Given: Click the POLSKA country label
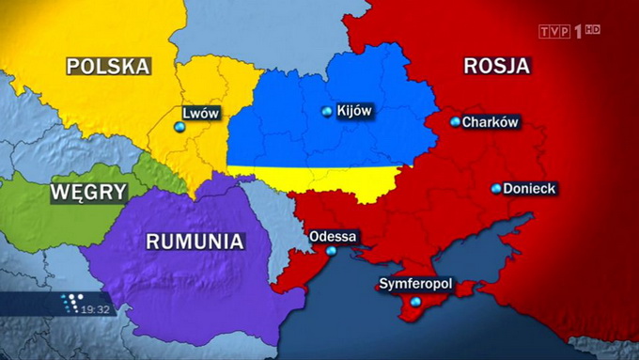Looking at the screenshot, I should (x=108, y=66).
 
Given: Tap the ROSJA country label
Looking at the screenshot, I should (x=497, y=66).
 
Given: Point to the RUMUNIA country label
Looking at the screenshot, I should (x=195, y=241).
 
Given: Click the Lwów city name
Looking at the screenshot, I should (x=200, y=114).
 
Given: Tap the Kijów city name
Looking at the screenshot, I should (x=354, y=111).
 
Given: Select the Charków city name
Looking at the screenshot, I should (x=491, y=122).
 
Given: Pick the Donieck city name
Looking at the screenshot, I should (x=529, y=189).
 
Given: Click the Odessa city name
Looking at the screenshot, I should (x=333, y=236).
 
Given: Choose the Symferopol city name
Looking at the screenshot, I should (x=416, y=283).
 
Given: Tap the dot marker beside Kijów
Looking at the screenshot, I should (x=327, y=112).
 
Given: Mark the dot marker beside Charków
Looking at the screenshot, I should (x=455, y=122).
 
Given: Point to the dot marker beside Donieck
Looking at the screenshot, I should (x=496, y=189).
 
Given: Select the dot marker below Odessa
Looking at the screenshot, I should (x=332, y=251).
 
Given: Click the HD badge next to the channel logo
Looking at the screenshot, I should (x=592, y=30).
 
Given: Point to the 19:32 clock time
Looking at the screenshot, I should (x=95, y=308).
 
